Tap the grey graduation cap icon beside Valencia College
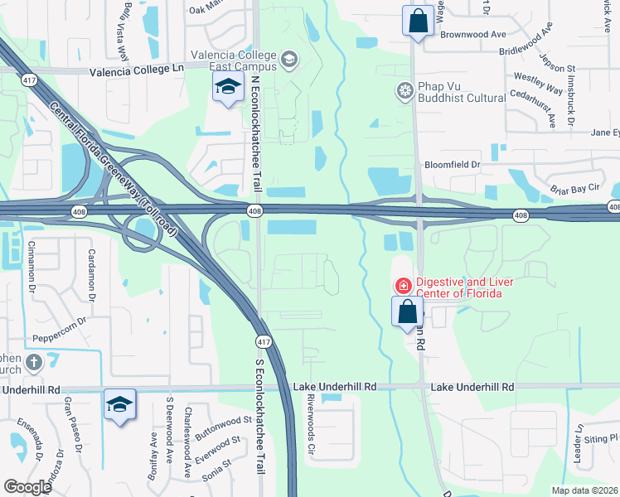[288, 58]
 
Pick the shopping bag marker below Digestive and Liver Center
[407, 313]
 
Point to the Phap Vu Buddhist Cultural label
[461, 98]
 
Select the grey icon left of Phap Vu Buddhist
[405, 89]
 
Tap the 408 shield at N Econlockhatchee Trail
[255, 212]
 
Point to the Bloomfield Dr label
[453, 165]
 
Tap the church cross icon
[33, 362]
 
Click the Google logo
[28, 487]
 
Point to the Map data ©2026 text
[585, 490]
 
